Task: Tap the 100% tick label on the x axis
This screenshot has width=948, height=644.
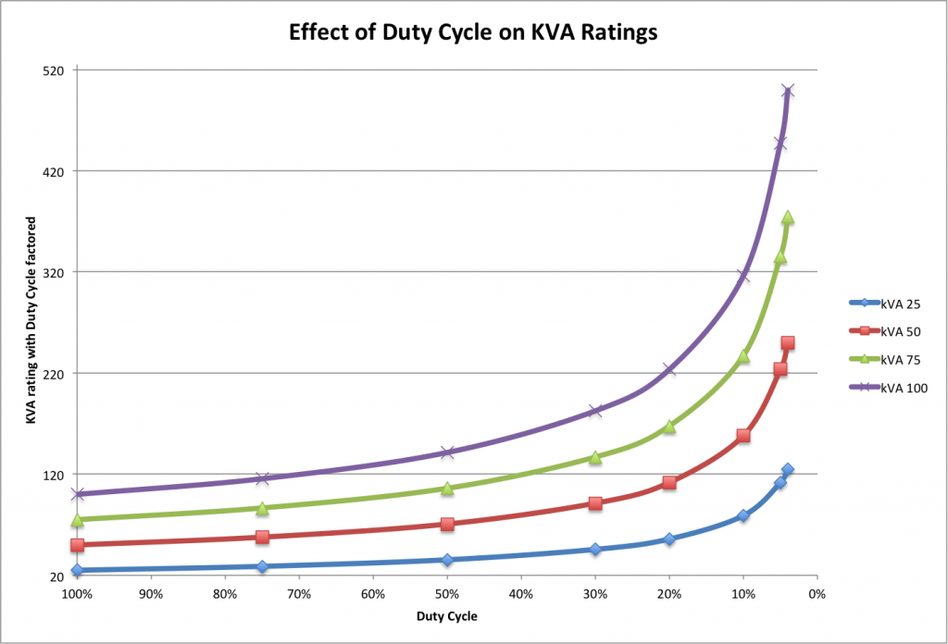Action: pyautogui.click(x=77, y=592)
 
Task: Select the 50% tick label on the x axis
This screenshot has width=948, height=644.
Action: pyautogui.click(x=447, y=592)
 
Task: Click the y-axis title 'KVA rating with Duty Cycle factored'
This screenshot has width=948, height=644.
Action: pyautogui.click(x=31, y=321)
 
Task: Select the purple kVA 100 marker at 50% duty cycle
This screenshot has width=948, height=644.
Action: pyautogui.click(x=447, y=452)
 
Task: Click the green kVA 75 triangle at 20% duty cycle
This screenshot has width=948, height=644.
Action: pyautogui.click(x=669, y=427)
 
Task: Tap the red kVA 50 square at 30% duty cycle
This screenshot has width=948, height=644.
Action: pyautogui.click(x=595, y=503)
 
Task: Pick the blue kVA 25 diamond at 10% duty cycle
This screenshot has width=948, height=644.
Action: pyautogui.click(x=742, y=515)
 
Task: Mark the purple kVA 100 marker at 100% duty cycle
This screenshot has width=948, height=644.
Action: pyautogui.click(x=78, y=494)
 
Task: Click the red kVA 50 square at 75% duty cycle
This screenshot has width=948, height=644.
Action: pyautogui.click(x=262, y=537)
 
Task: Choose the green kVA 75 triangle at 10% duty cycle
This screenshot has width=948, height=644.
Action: pyautogui.click(x=742, y=356)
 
